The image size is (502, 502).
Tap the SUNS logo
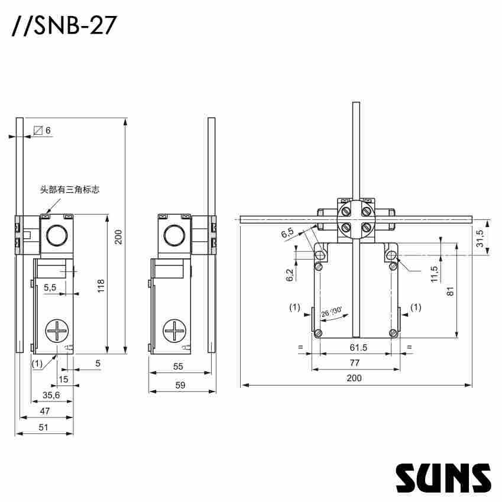443,477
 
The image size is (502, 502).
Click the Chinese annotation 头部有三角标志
69,190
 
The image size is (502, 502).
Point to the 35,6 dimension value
51,395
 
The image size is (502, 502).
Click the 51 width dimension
44,427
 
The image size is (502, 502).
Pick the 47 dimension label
45,411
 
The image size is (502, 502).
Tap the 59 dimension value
180,385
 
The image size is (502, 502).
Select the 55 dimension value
178,367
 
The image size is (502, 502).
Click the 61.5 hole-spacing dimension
357,348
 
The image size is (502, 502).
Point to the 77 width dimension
355,362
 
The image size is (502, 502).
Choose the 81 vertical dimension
451,291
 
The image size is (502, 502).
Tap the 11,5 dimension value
435,274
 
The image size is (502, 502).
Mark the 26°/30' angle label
332,312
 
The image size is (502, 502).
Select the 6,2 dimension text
289,275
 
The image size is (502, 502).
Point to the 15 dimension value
63,379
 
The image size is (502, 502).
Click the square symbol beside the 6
38,130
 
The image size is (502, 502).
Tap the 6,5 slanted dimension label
288,234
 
